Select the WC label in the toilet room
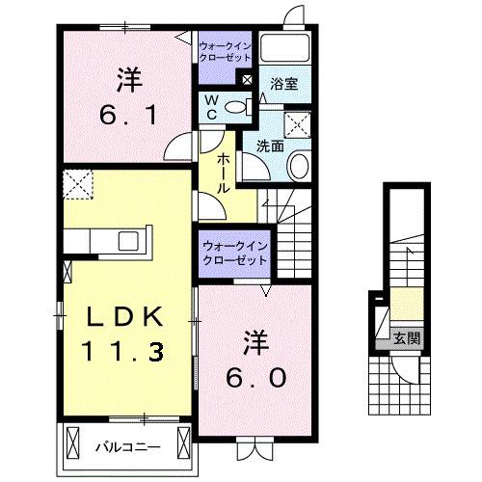tap(210, 108)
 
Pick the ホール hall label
tap(223, 174)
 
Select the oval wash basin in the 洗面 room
tap(298, 166)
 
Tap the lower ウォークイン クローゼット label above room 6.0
tap(235, 254)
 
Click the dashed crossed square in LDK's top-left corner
tap(75, 182)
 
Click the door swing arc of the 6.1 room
tap(177, 147)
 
